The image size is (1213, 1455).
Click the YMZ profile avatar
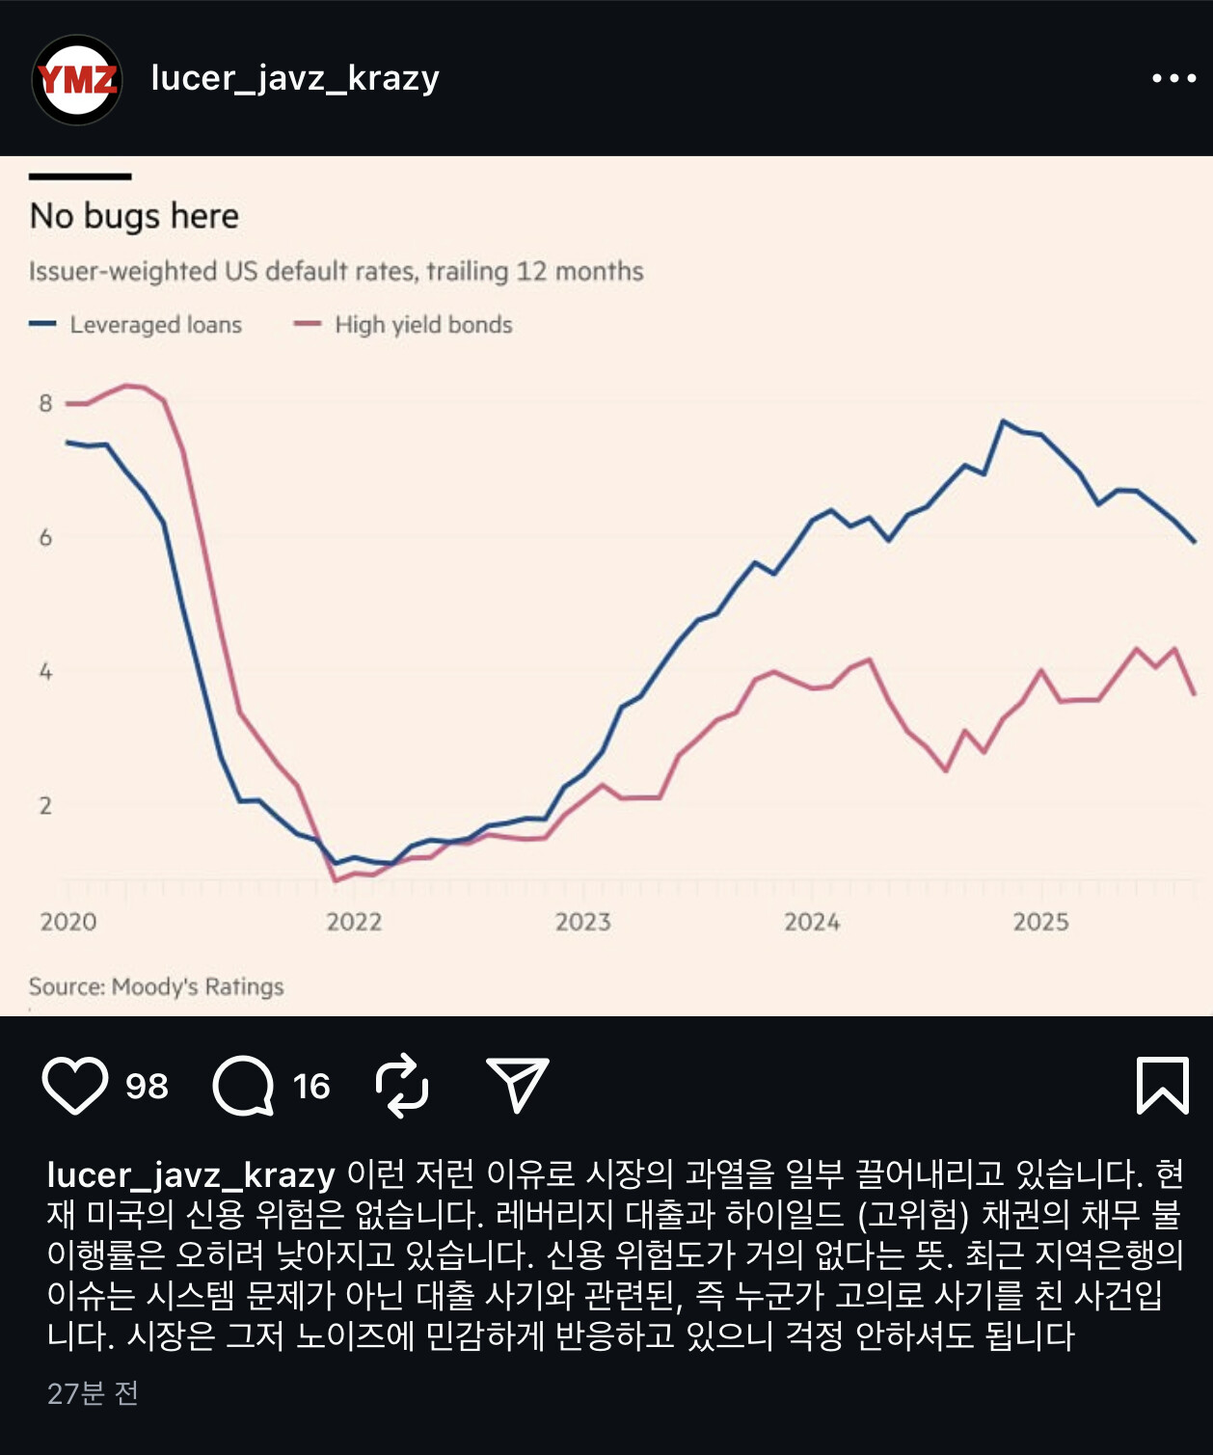77,79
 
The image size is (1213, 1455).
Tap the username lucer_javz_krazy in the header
295,77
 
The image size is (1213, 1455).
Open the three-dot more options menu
1173,78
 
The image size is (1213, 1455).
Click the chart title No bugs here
134,216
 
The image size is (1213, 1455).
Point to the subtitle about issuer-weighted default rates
336,271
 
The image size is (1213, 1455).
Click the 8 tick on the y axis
45,403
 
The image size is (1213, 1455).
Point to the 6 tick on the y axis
45,537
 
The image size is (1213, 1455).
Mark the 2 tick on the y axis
45,806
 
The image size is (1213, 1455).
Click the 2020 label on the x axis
67,922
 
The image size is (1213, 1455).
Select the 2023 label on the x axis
582,922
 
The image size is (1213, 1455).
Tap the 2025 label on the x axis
1040,922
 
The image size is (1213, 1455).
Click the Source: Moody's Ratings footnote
156,986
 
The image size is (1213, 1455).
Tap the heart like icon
75,1086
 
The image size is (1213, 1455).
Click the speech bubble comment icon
243,1086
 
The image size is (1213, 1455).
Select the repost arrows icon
401,1086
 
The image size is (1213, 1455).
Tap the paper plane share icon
517,1085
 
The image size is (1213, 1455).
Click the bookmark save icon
1162,1086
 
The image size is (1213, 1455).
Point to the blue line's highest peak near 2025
1003,421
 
